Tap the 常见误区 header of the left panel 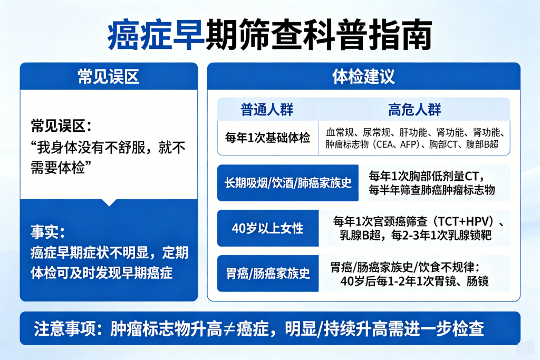point(108,76)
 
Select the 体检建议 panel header point(363,76)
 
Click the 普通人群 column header point(267,110)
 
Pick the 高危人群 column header point(414,110)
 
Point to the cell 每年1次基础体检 point(267,138)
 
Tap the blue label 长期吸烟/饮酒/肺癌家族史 point(288,183)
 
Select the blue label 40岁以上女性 point(267,228)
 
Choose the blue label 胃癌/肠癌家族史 point(267,274)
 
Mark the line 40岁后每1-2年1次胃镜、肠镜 point(414,281)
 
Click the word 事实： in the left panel point(48,232)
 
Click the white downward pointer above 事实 point(109,202)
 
